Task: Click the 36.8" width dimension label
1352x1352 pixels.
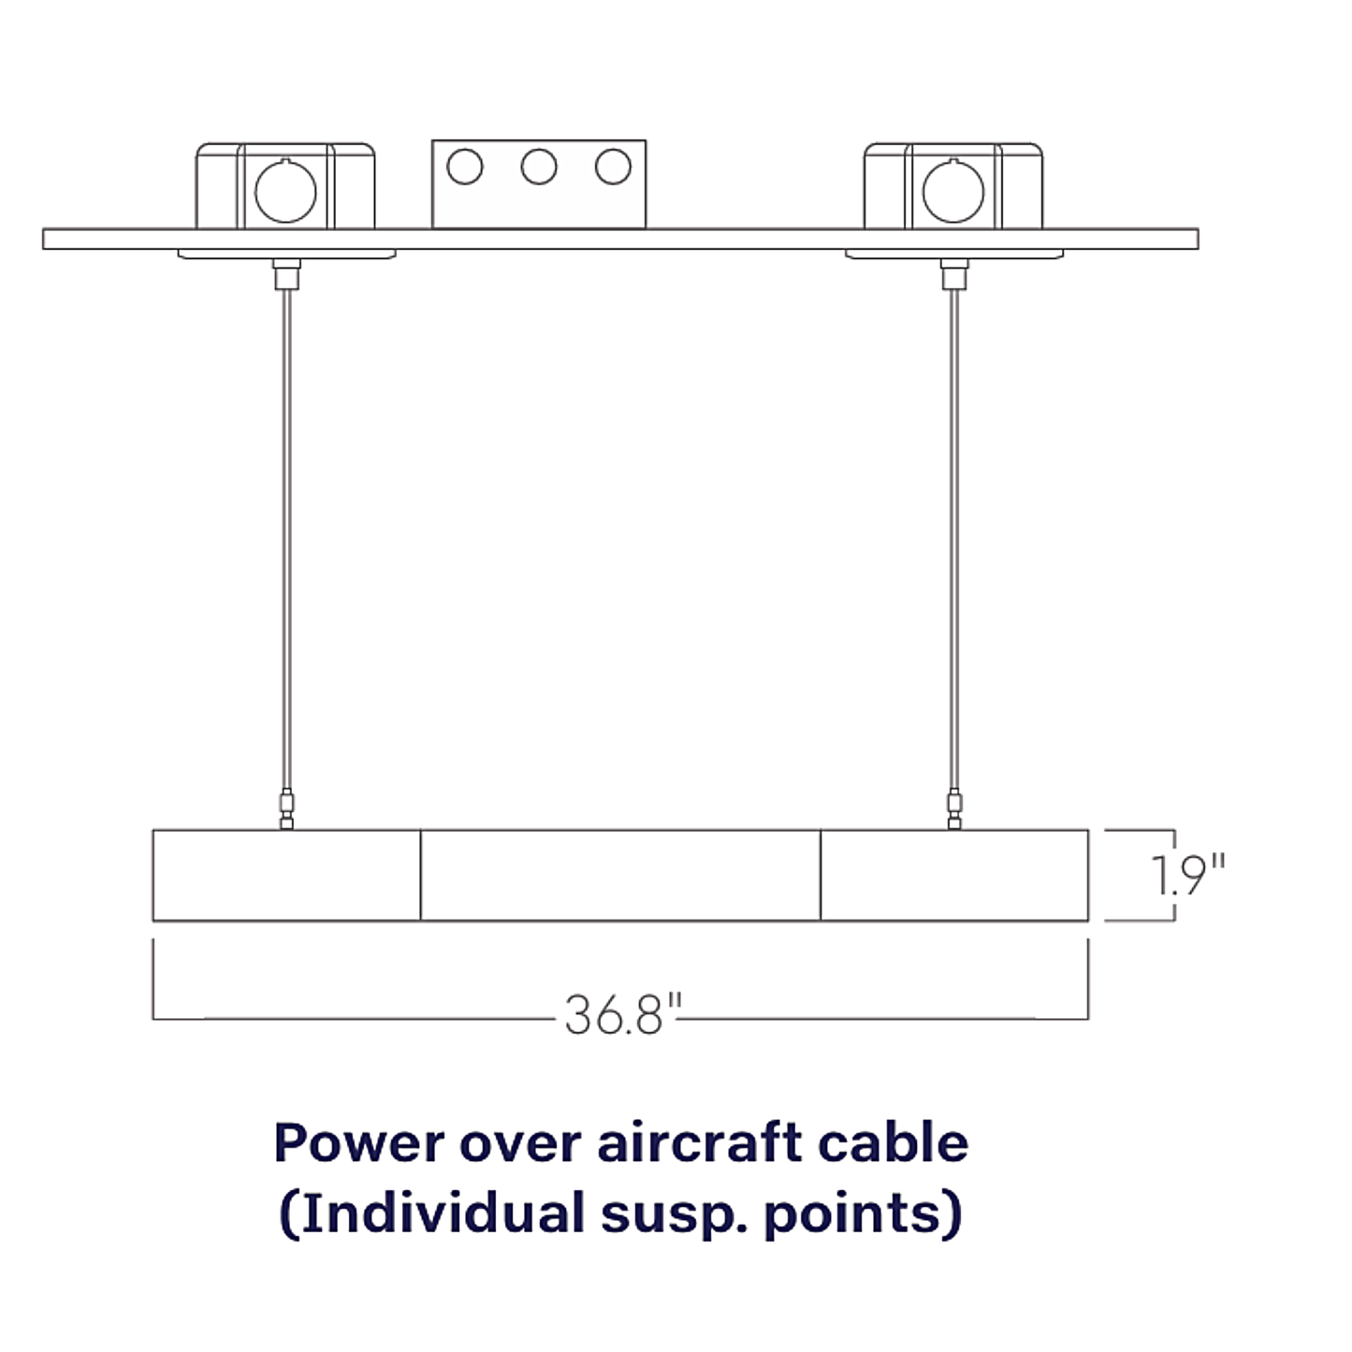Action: (623, 1014)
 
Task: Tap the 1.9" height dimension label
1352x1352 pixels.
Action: (1188, 875)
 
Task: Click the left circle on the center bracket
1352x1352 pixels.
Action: (464, 167)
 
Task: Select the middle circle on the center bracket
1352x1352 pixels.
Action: (539, 167)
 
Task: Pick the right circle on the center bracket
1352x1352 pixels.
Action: (613, 167)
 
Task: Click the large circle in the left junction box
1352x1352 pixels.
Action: (285, 191)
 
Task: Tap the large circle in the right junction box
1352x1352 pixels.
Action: (953, 191)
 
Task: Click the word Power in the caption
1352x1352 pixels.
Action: (359, 1143)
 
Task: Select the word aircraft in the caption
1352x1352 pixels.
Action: (700, 1142)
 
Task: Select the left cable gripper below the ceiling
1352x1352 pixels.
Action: (286, 274)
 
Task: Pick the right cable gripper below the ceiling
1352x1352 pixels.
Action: (954, 274)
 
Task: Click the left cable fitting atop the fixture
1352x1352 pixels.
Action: (286, 809)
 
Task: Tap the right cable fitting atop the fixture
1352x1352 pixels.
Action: (954, 809)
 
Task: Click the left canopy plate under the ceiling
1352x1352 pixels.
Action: (286, 254)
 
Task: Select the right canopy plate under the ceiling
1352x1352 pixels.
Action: (954, 254)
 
